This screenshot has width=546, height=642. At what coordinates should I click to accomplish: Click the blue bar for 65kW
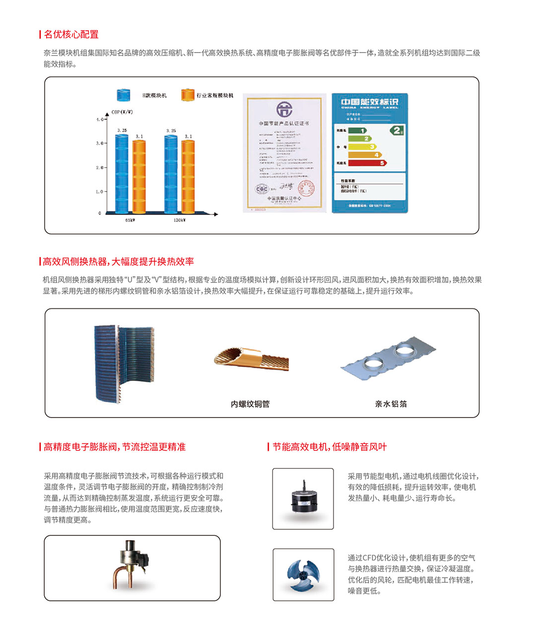point(122,174)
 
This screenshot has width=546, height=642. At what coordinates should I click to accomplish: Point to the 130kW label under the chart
point(179,220)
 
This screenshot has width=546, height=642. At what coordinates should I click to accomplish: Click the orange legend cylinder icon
point(188,95)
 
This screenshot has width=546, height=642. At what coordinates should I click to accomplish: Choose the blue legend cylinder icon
point(123,95)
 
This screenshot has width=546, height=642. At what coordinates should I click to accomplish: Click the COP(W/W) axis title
point(122,112)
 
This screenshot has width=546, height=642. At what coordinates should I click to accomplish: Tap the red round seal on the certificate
point(306,188)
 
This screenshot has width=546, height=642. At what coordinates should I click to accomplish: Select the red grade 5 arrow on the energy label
point(367,163)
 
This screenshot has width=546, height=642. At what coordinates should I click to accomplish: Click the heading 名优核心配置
point(71,34)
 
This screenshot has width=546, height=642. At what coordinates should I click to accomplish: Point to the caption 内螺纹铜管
point(250,404)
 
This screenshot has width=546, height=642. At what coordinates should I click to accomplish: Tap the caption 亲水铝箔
point(391,404)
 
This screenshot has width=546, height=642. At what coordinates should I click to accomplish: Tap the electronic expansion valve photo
point(131,564)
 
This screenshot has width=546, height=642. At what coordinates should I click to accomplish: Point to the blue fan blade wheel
point(303,575)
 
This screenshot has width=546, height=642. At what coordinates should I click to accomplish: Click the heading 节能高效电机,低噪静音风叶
point(329,447)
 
